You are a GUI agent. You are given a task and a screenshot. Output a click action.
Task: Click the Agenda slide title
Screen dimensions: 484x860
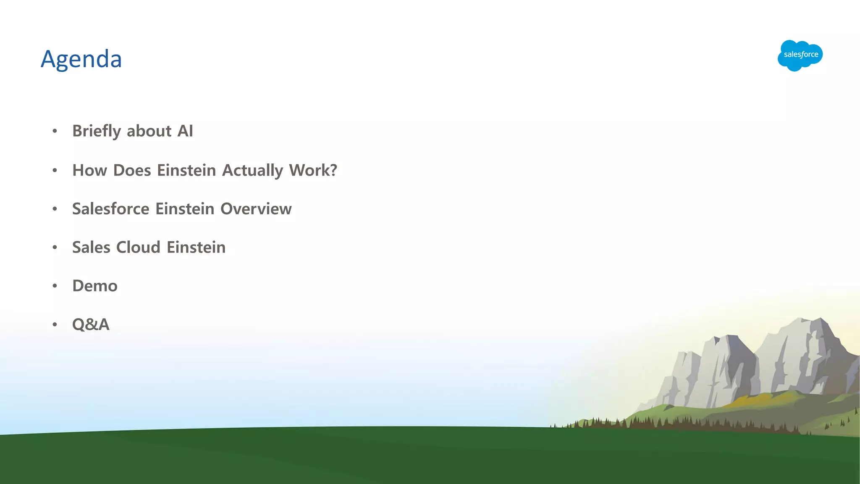pos(81,59)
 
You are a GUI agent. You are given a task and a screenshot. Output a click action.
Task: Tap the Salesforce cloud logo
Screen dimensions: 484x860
pos(800,55)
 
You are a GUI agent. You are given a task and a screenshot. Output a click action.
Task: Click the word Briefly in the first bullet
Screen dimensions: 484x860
pos(97,131)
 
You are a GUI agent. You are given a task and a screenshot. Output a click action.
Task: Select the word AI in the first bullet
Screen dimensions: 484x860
pos(185,131)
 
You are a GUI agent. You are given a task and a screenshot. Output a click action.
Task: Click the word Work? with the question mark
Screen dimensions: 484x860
pos(313,171)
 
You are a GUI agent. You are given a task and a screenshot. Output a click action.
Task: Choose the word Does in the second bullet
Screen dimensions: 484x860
pos(132,171)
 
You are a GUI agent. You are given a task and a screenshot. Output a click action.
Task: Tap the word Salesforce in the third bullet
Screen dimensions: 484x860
pos(110,209)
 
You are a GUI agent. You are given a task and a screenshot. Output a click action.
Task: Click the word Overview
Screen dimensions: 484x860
pos(256,209)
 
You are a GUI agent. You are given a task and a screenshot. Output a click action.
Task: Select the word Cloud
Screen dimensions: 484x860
pos(138,247)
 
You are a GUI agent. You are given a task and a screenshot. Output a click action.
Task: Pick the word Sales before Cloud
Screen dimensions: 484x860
pos(91,247)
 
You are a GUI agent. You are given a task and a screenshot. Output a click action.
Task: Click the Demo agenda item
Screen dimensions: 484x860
pos(95,286)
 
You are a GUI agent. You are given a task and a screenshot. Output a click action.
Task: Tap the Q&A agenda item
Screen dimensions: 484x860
pos(91,325)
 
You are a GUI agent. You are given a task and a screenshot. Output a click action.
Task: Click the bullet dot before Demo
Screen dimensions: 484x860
pos(55,286)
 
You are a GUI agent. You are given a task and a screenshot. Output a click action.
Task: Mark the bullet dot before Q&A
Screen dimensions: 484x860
pos(55,325)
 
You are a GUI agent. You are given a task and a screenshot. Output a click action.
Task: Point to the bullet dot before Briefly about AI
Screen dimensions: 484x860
pos(55,131)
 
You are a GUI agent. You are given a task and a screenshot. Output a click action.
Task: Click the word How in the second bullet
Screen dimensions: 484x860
pos(89,171)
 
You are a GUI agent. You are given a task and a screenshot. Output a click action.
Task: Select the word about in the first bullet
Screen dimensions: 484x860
pos(149,131)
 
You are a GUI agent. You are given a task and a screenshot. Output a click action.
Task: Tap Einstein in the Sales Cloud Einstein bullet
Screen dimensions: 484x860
pos(196,247)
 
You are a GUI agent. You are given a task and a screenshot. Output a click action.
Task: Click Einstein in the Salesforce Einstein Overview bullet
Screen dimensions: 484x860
pos(185,209)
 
